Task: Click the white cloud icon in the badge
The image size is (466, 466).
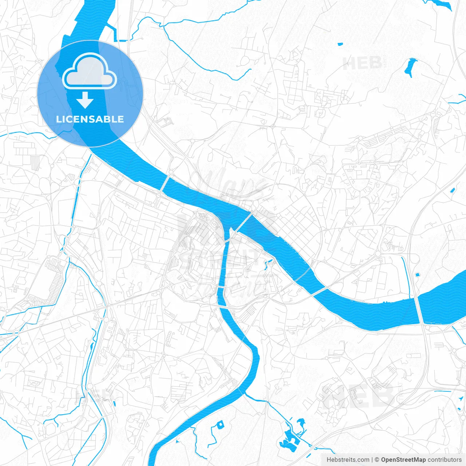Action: coord(90,71)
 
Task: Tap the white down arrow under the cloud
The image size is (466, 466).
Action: coord(85,100)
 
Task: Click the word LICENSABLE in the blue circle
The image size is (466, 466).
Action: coord(90,119)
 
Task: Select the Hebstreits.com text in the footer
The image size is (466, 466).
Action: coord(348,460)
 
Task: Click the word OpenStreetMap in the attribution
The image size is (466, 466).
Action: coord(403,460)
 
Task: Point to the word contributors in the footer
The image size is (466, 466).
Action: coord(445,460)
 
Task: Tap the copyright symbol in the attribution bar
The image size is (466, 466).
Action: coord(377,460)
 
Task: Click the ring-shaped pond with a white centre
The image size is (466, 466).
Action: coord(220,424)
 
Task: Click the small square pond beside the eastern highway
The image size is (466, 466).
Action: coord(417,274)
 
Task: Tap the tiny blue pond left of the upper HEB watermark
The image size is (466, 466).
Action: coord(340,44)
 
